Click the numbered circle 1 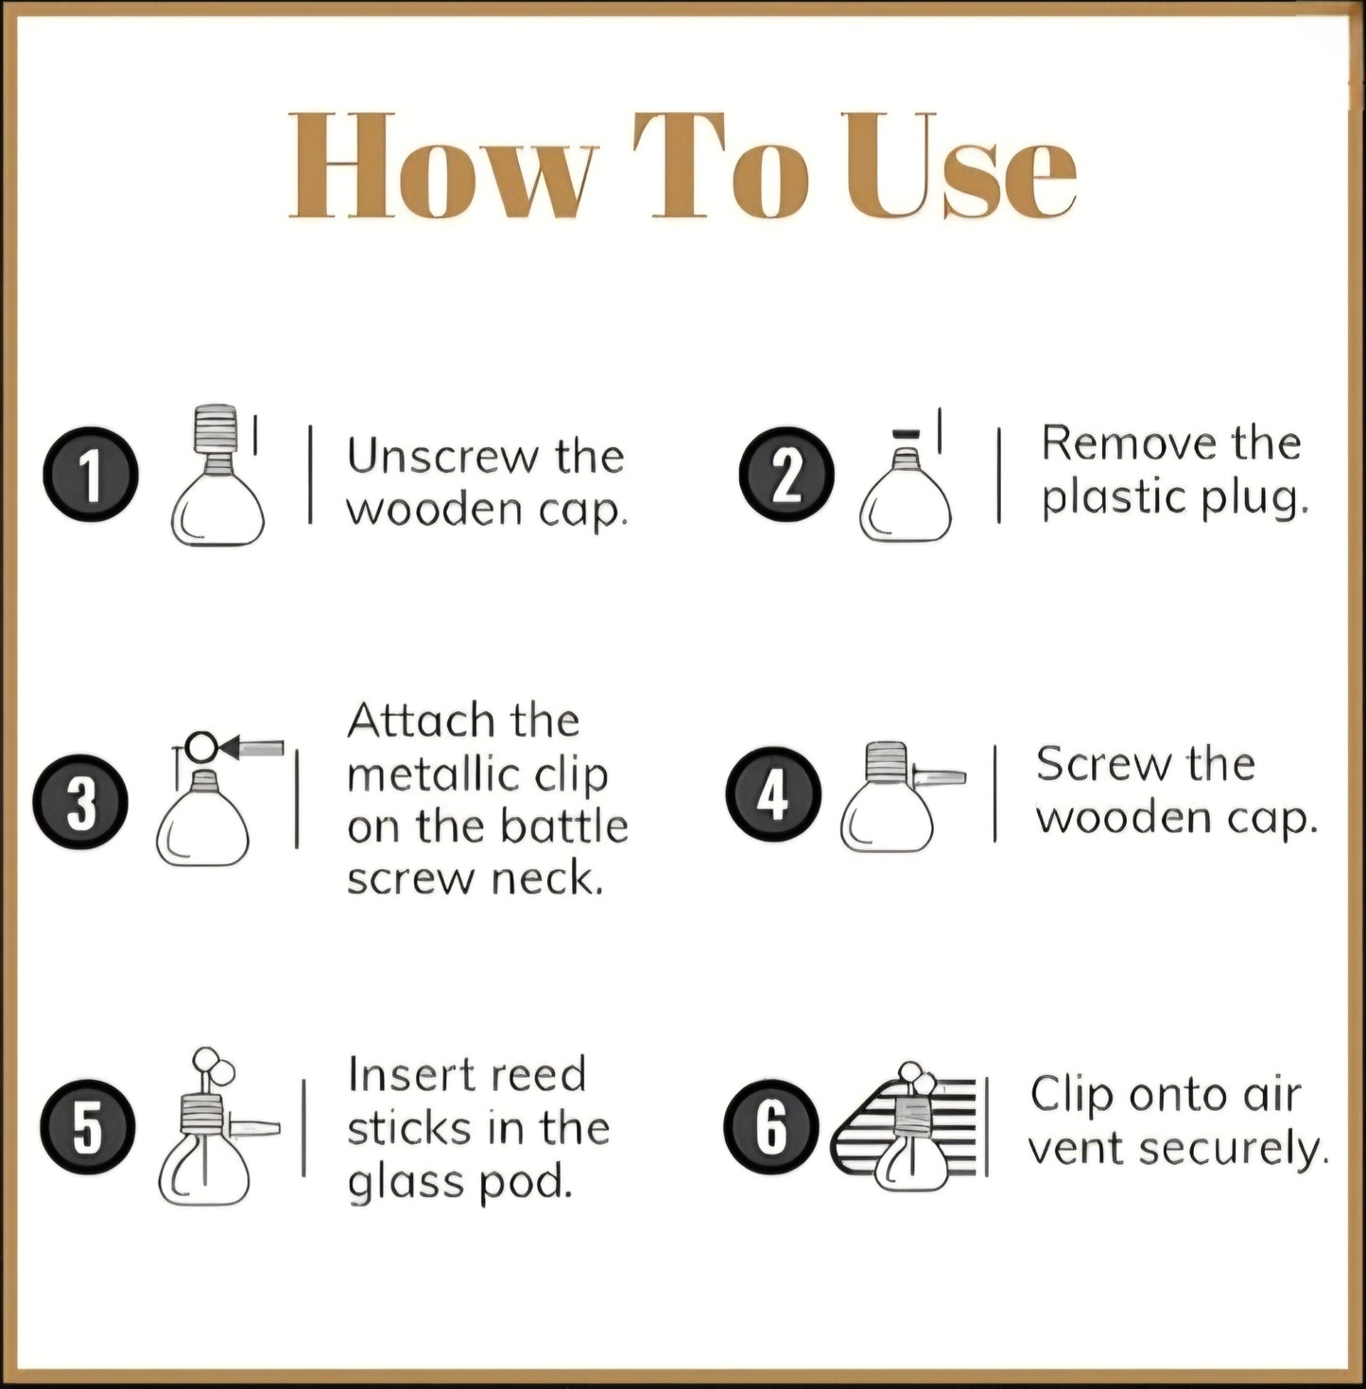pyautogui.click(x=91, y=475)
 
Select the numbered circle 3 pyautogui.click(x=80, y=802)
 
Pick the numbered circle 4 pyautogui.click(x=773, y=794)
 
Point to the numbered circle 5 pyautogui.click(x=88, y=1127)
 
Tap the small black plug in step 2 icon pyautogui.click(x=907, y=432)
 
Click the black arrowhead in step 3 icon pyautogui.click(x=230, y=748)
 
